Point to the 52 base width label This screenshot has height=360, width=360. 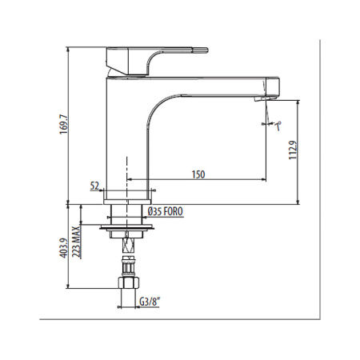(x=94, y=186)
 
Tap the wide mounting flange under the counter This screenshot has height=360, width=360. (x=126, y=227)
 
